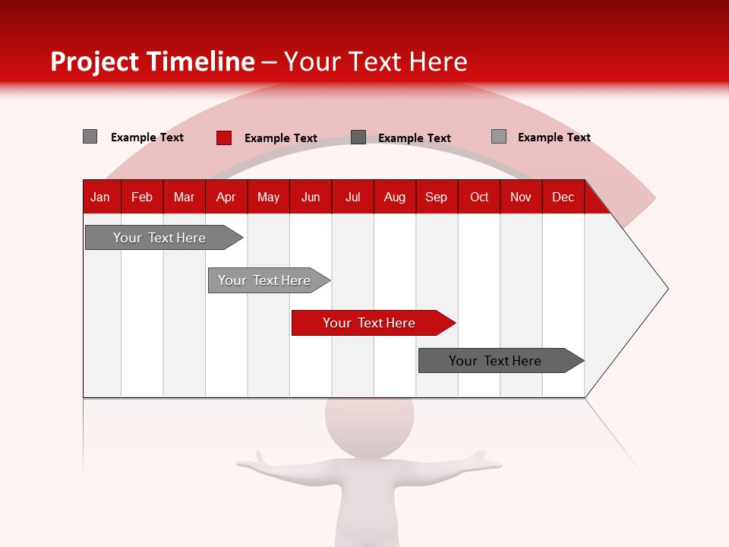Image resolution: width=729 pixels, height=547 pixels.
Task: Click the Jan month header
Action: click(x=100, y=197)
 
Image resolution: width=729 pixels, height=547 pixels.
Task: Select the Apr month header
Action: click(x=226, y=197)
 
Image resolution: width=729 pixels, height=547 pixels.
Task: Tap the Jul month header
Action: click(x=352, y=197)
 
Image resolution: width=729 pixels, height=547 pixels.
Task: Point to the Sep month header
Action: click(x=436, y=197)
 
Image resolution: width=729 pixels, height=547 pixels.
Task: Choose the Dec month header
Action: click(x=563, y=197)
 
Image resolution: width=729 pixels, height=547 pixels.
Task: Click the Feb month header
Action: click(x=142, y=197)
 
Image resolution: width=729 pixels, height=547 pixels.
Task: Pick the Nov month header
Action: click(x=521, y=197)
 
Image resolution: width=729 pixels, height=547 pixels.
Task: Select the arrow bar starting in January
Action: click(x=159, y=238)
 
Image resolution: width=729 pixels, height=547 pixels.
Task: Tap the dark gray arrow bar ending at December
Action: click(x=495, y=361)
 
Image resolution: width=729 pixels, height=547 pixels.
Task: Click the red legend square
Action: click(x=223, y=138)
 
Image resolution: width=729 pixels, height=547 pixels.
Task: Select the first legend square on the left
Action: click(x=90, y=137)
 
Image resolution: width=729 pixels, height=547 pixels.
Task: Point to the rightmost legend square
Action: click(x=498, y=137)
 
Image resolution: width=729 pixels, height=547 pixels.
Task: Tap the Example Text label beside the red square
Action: click(x=281, y=138)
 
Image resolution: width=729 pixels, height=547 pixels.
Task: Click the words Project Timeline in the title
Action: click(x=152, y=62)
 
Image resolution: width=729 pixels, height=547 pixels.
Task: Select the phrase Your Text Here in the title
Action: click(x=375, y=62)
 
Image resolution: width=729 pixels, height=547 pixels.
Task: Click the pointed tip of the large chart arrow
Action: click(x=666, y=288)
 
